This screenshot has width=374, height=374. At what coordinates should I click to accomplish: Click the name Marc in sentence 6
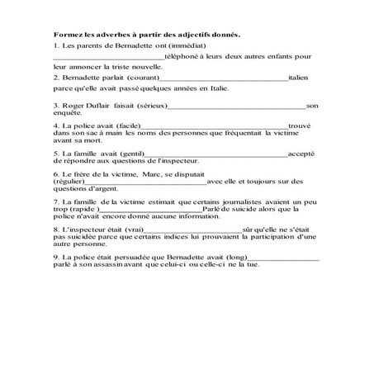tap(159, 173)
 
